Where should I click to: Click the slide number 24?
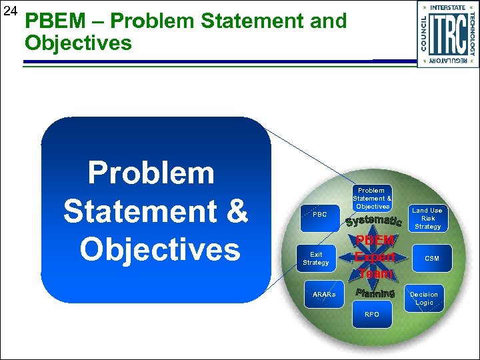coord(9,11)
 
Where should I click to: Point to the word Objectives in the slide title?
coord(78,43)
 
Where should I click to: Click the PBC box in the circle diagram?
coord(319,215)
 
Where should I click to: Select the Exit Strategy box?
coord(316,259)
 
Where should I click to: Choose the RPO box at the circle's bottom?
coord(372,314)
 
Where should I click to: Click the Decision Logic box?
coord(424,298)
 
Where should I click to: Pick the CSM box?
coord(432,259)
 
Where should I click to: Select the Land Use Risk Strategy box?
coord(427,218)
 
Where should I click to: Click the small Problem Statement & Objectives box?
coord(372,199)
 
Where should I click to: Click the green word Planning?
coord(375,293)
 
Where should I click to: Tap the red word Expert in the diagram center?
coord(375,257)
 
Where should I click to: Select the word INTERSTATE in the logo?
coord(448,7)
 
